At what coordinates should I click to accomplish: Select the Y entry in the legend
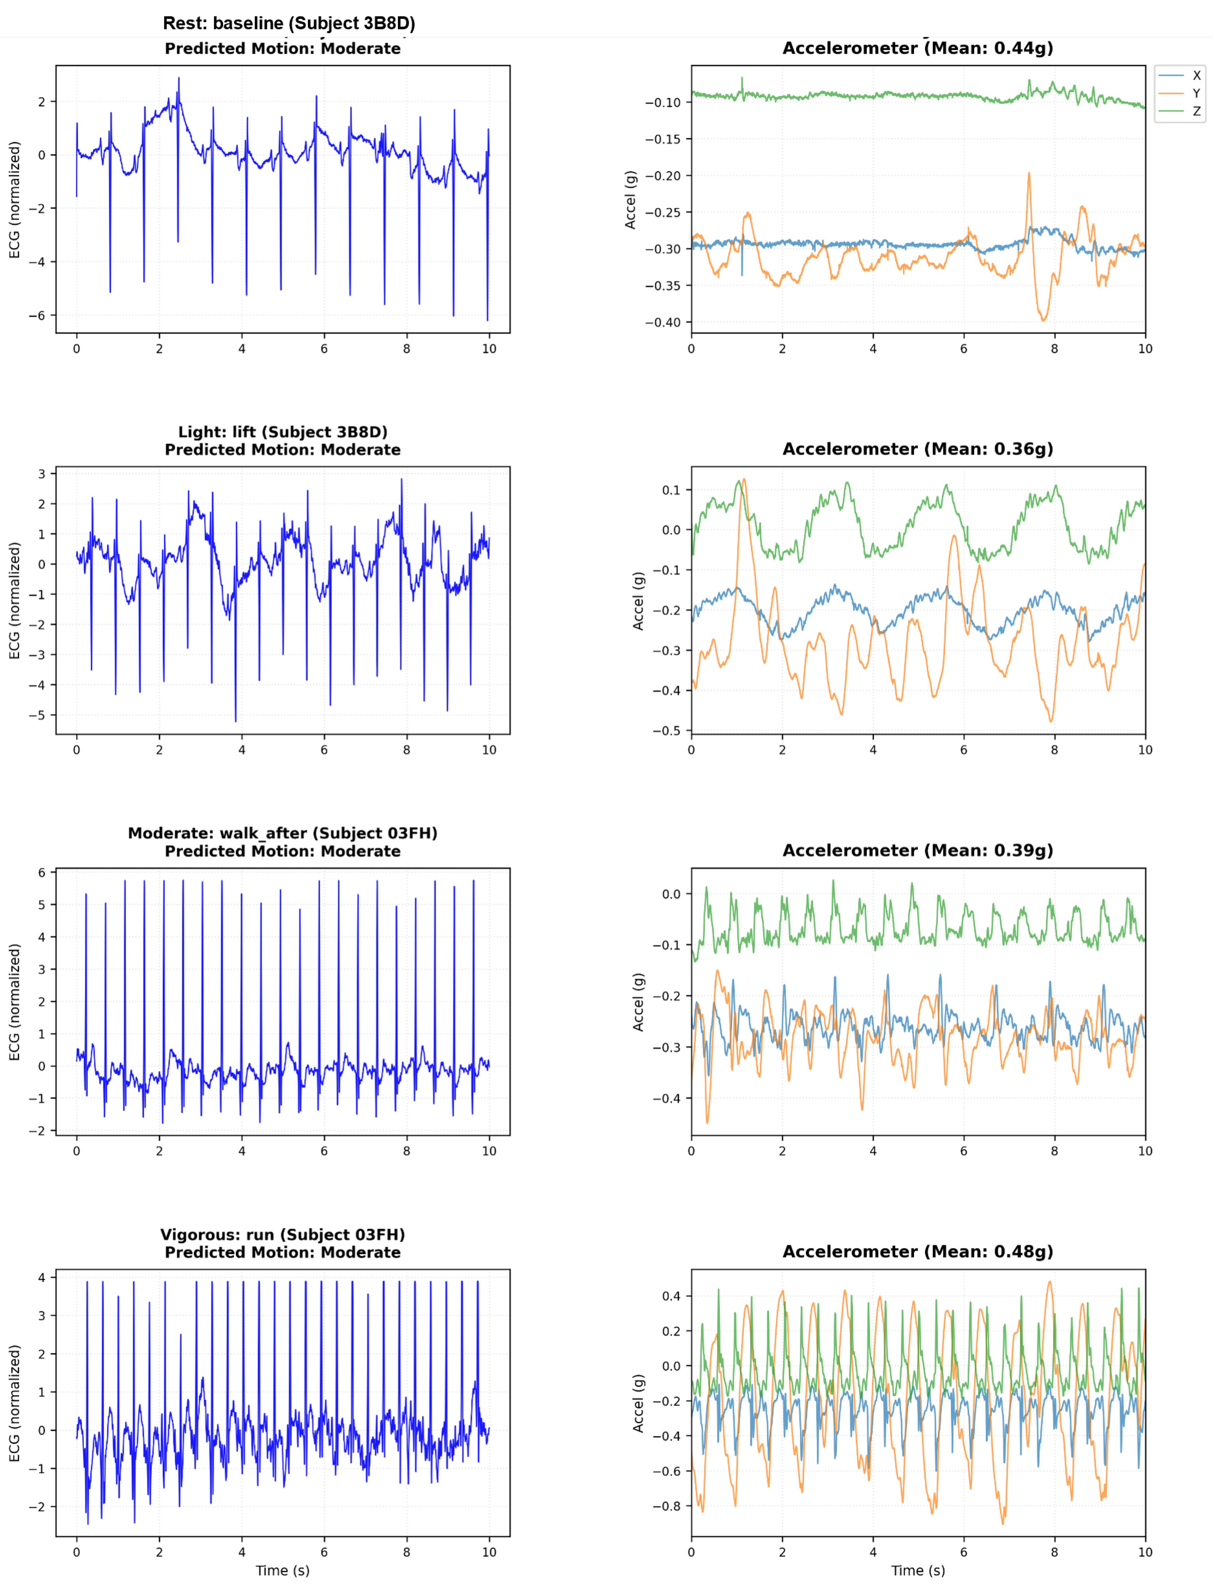click(1196, 93)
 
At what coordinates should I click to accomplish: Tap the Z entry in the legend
click(1196, 111)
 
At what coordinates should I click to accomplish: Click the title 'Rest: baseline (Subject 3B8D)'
click(289, 23)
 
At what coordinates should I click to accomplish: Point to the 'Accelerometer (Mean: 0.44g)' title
click(918, 48)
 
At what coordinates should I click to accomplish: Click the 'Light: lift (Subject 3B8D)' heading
click(282, 432)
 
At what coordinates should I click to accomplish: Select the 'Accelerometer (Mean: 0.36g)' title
click(918, 449)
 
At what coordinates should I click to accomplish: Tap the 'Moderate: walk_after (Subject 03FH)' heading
click(282, 833)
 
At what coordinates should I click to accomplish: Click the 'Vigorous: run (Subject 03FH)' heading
click(282, 1234)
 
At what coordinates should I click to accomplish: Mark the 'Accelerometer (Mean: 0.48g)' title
click(918, 1252)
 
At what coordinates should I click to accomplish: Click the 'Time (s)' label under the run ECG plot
click(282, 1570)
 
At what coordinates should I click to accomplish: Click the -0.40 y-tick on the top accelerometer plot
click(663, 322)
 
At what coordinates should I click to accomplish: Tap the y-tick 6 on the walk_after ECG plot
click(42, 872)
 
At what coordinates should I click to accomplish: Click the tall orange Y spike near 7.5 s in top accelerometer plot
click(1029, 175)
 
